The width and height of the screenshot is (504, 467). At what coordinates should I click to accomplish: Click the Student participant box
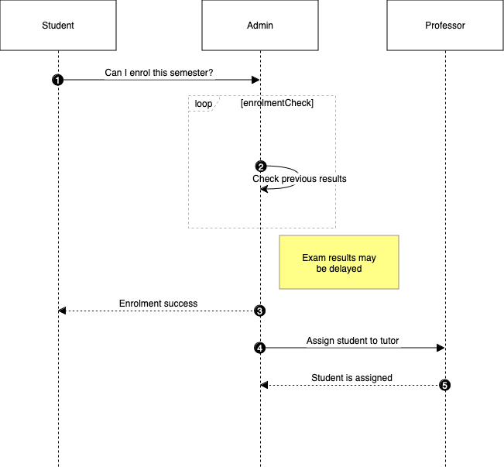[58, 26]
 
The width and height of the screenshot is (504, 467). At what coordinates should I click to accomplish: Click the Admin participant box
[260, 26]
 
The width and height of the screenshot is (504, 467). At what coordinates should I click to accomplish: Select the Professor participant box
[445, 26]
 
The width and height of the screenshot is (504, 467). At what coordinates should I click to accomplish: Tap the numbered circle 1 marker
[58, 80]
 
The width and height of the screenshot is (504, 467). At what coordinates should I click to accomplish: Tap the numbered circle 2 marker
[260, 167]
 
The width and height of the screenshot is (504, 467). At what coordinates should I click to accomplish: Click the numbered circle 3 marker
[260, 311]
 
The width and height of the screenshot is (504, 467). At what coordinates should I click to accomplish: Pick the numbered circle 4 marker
[260, 348]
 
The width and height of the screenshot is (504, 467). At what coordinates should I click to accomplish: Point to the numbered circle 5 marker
[444, 384]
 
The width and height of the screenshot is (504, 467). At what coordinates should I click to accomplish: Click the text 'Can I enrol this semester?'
[159, 74]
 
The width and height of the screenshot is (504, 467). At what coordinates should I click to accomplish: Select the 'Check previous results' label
[299, 179]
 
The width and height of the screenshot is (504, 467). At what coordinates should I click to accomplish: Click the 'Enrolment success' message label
[158, 304]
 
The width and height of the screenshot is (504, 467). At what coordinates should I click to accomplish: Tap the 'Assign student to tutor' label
[352, 341]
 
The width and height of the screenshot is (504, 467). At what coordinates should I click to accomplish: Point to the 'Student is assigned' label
[351, 378]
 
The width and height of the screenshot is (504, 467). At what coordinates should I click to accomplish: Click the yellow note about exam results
[339, 263]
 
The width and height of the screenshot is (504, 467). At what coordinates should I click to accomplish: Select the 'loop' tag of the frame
[203, 104]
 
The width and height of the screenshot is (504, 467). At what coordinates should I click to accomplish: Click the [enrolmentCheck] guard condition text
[277, 103]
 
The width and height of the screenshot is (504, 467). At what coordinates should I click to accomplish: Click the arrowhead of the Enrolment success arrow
[63, 311]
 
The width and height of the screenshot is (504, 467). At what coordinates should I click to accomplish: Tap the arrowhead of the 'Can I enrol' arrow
[255, 80]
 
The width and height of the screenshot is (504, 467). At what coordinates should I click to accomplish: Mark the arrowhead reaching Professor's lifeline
[441, 348]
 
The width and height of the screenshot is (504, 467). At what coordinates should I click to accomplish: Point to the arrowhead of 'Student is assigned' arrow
[265, 384]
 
